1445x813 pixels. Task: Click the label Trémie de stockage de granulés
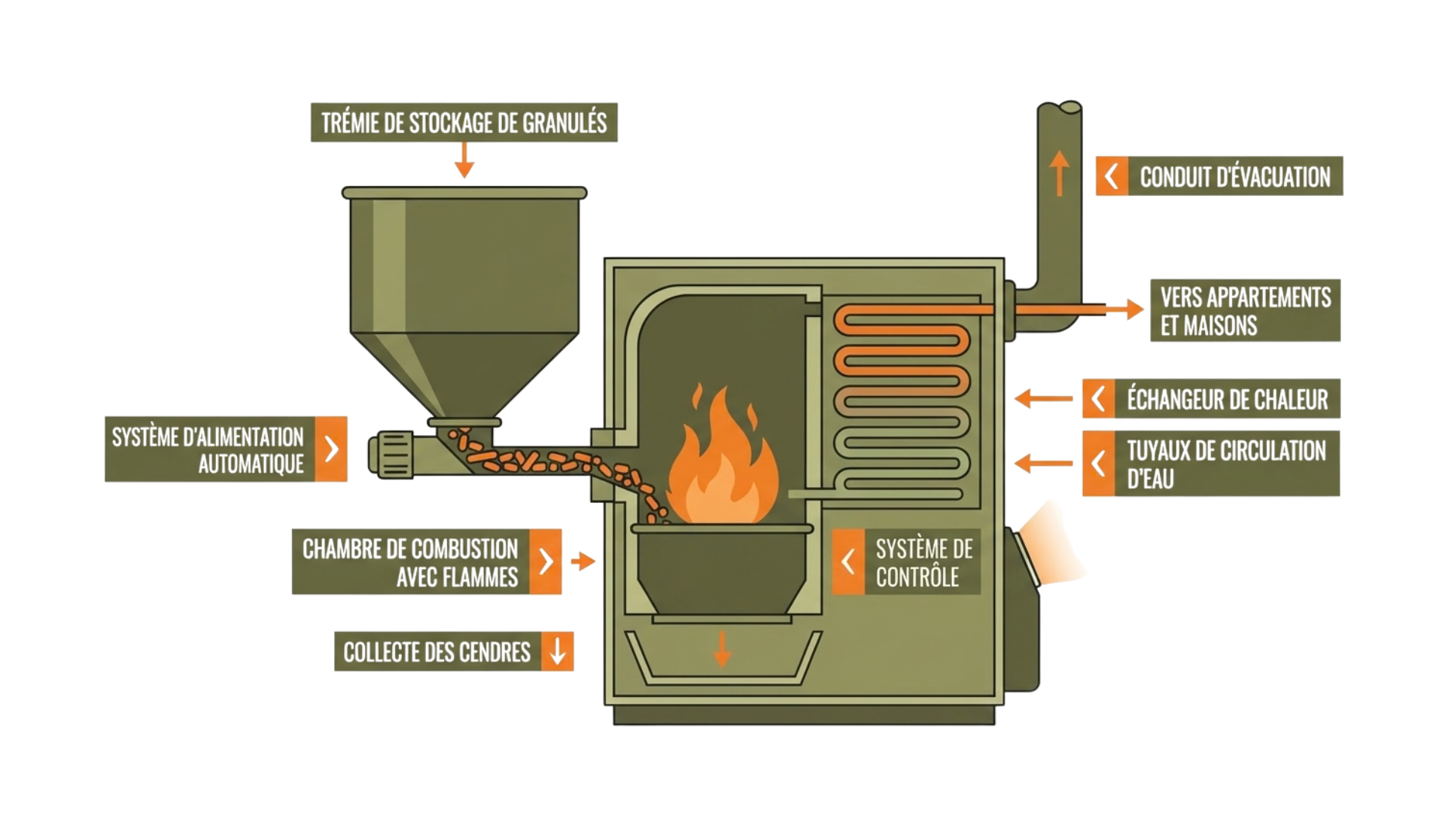coord(464,123)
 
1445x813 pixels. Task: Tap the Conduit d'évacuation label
coord(1234,176)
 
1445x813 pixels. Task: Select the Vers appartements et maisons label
coord(1245,311)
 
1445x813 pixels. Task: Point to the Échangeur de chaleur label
coord(1227,399)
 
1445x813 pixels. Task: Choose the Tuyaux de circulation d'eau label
coord(1225,464)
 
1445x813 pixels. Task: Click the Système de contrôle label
coord(923,562)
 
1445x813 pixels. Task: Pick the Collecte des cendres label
coord(437,652)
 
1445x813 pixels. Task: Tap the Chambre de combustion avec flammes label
coord(410,562)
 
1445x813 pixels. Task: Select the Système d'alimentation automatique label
coord(208,449)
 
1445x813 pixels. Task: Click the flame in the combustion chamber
coord(721,467)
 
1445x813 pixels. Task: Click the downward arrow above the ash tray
coord(722,649)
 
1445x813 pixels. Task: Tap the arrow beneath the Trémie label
coord(464,160)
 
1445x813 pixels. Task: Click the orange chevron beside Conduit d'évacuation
coord(1112,176)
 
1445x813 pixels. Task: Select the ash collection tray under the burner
coord(722,661)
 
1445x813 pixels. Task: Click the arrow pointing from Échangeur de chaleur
coord(1043,398)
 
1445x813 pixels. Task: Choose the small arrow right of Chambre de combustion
coord(583,561)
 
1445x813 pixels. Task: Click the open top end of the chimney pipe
coord(1060,108)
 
